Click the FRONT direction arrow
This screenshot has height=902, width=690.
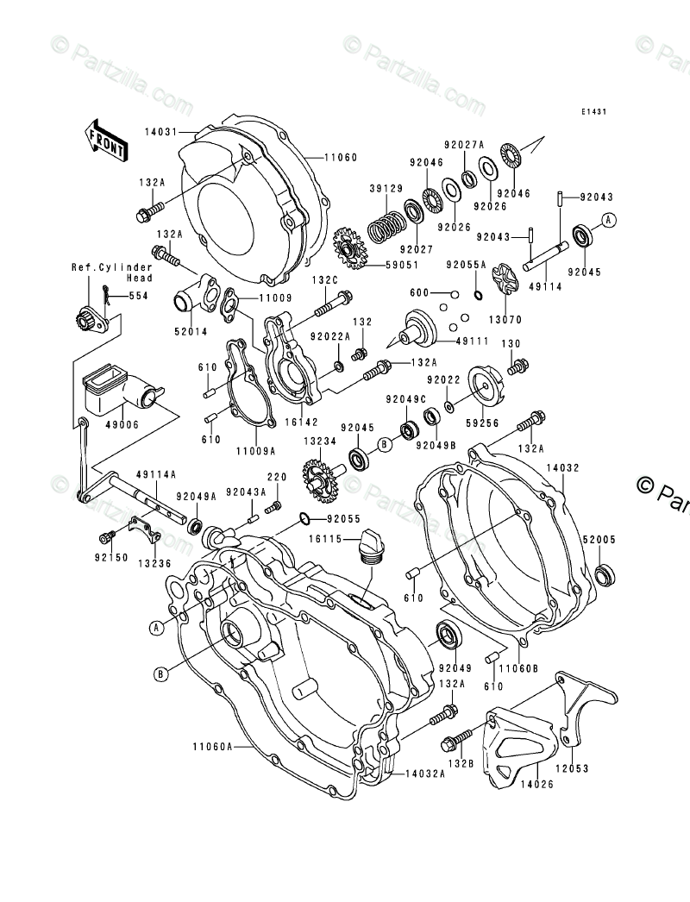coord(104,139)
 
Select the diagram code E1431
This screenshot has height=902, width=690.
coord(593,111)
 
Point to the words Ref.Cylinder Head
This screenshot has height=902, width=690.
coord(112,272)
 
